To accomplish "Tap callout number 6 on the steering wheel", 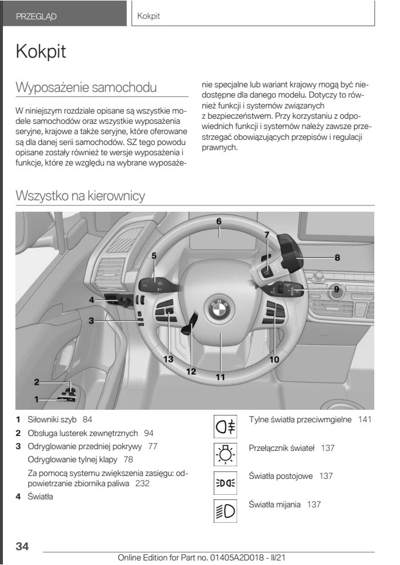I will pos(218,221).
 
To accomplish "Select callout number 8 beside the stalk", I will pos(337,257).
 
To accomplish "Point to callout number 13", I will pos(168,359).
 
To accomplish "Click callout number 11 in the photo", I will pos(221,377).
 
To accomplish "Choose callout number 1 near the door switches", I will pos(35,399).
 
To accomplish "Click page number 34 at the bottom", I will pos(22,546).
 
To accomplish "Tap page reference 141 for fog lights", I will pos(364,420).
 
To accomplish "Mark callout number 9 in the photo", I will pos(337,289).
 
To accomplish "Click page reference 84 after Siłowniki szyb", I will pos(87,420).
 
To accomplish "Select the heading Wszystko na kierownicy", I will pos(81,196).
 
